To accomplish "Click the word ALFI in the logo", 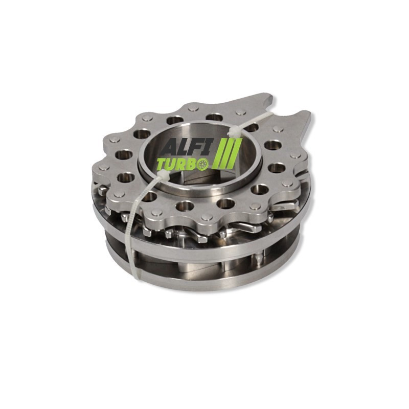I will coord(187,148).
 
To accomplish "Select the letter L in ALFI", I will coord(185,148).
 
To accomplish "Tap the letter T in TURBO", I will coord(162,164).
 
